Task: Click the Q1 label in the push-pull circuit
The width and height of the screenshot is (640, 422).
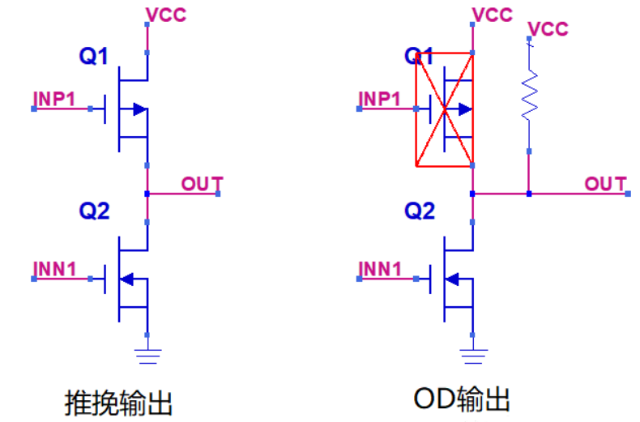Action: [93, 56]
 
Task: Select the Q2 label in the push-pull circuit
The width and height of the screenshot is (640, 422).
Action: [93, 211]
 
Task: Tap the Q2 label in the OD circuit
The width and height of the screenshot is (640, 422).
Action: [419, 211]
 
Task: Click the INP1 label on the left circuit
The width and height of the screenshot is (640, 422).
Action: [54, 99]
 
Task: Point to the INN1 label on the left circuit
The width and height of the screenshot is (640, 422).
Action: [54, 268]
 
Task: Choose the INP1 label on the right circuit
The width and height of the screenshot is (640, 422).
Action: [380, 99]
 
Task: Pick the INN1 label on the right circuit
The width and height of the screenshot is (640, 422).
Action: [380, 268]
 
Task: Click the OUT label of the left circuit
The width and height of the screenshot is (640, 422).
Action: [201, 184]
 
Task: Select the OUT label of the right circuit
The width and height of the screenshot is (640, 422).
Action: [605, 184]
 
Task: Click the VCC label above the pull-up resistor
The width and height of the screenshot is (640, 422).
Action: [548, 29]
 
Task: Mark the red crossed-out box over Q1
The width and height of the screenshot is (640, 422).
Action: [443, 110]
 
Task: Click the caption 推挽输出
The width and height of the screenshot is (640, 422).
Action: [119, 402]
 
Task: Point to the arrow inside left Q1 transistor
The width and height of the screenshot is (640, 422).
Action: [139, 109]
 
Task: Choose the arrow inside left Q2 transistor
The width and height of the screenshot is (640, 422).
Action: [127, 279]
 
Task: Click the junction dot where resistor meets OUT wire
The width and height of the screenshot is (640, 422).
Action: [528, 194]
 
